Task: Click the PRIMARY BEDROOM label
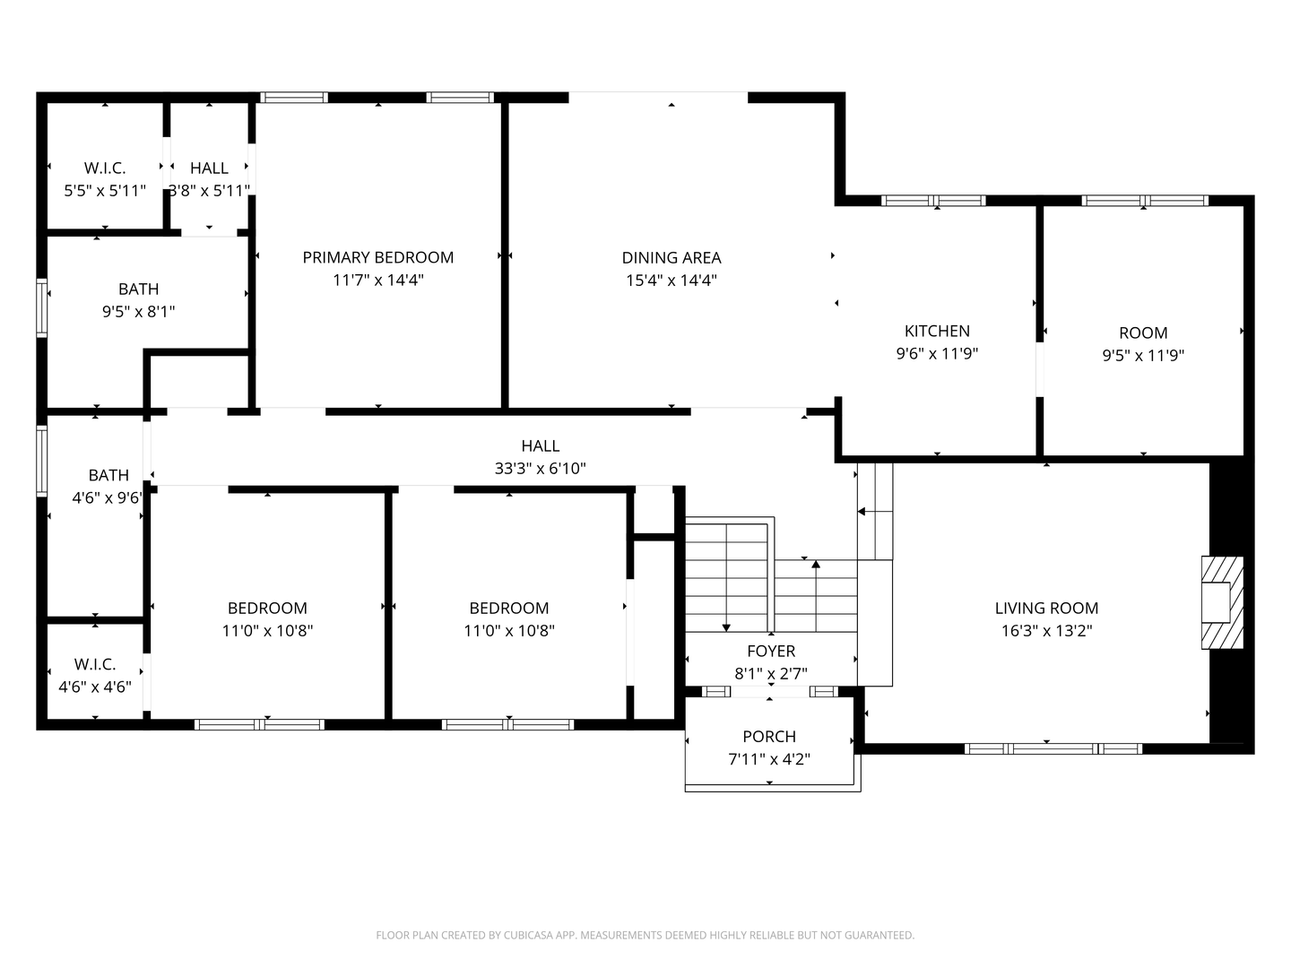[x=377, y=257]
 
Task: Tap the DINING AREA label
[x=671, y=257]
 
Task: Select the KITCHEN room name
[x=937, y=331]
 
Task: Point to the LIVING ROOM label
[x=1046, y=608]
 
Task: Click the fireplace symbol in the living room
[x=1222, y=602]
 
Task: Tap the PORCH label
[x=769, y=736]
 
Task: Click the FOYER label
[x=771, y=651]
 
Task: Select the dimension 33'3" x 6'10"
[x=540, y=468]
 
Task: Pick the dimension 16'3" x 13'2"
[x=1046, y=630]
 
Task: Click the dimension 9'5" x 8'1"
[x=138, y=311]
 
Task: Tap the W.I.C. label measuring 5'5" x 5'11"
[x=105, y=168]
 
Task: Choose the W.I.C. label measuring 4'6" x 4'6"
[x=95, y=664]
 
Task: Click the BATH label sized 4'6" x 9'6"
[x=108, y=475]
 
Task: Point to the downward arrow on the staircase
[x=726, y=626]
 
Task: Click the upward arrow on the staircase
[x=816, y=565]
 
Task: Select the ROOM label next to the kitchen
[x=1143, y=333]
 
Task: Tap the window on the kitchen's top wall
[x=933, y=201]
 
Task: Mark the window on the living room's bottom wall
[x=1053, y=748]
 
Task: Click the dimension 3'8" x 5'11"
[x=209, y=190]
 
